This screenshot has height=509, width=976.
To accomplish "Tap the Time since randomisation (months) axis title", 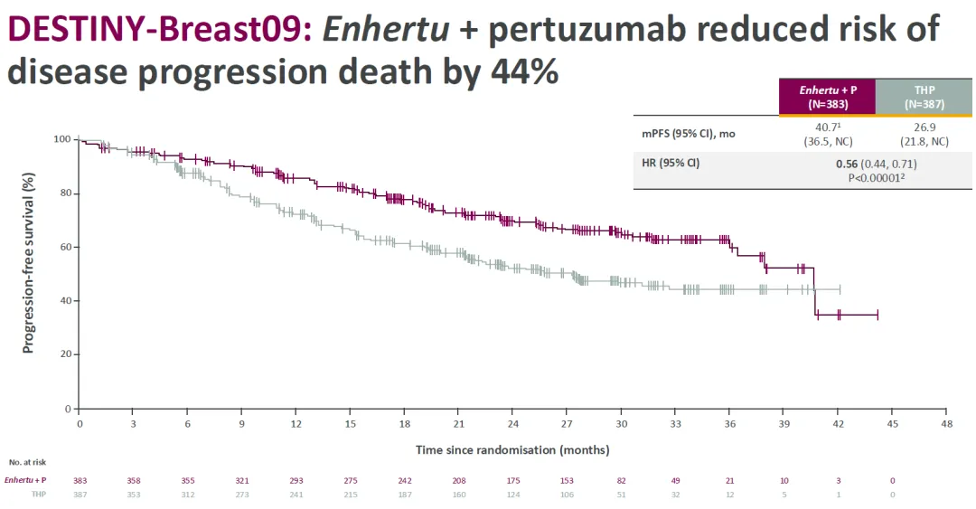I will tap(512, 449).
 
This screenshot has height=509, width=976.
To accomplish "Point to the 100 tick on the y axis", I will tap(61, 139).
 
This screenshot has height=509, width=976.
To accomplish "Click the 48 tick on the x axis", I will tap(946, 423).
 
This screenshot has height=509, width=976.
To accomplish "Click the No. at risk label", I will tap(27, 461).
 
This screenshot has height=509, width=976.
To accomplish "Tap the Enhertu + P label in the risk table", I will tap(25, 480).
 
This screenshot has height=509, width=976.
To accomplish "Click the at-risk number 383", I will tap(80, 480).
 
